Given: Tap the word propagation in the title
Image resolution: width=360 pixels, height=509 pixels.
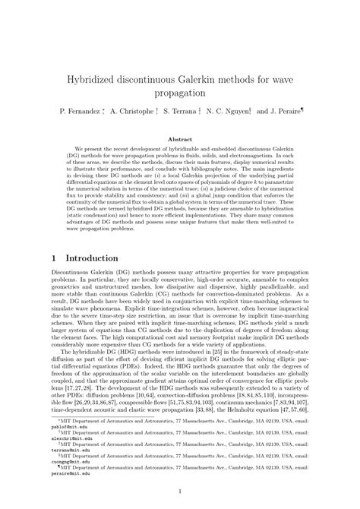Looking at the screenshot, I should click(x=179, y=93).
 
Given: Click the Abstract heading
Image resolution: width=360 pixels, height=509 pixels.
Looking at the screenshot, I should click(x=179, y=140).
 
